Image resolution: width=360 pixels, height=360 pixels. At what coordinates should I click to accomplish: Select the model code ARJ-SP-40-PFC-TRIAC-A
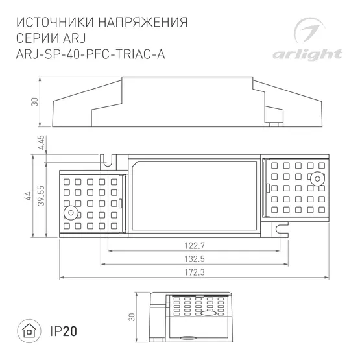point(89,54)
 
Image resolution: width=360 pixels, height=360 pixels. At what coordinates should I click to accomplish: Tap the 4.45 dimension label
point(41,142)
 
